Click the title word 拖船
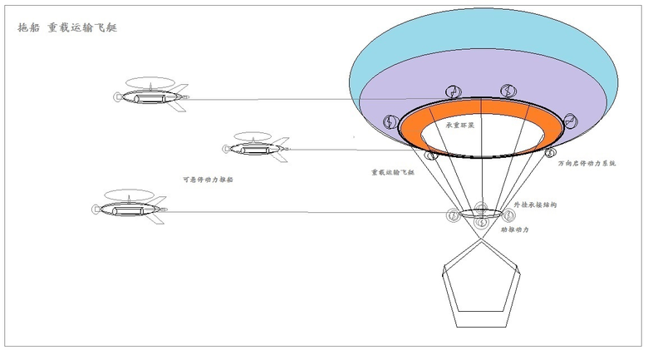28,27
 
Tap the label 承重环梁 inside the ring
459,126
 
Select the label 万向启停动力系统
587,164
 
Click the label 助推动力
514,229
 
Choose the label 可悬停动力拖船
207,179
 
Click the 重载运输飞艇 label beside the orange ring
392,173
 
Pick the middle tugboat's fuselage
253,150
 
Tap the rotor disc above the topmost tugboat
150,83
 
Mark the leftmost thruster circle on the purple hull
389,123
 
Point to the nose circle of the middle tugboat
226,150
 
